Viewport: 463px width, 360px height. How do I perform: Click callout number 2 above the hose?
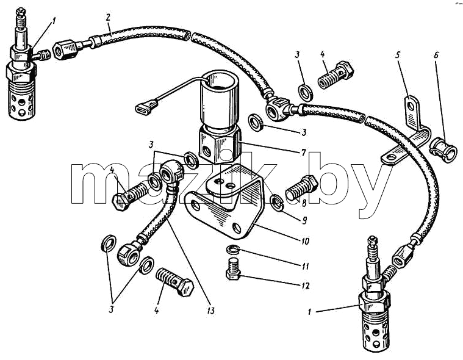(x=108, y=17)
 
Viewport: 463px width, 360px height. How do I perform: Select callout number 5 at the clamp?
(x=398, y=56)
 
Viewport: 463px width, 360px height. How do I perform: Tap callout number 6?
(x=436, y=56)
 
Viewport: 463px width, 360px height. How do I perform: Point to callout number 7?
(x=303, y=153)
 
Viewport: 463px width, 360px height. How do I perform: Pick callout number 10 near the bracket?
(x=305, y=241)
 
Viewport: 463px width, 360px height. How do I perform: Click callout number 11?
(x=305, y=266)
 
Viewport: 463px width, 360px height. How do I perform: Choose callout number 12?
(x=306, y=286)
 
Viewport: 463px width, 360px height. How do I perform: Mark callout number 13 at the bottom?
(x=211, y=311)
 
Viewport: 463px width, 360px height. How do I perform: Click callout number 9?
(x=304, y=220)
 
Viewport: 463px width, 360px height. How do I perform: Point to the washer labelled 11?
(x=233, y=250)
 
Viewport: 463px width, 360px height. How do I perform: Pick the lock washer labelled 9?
(x=277, y=203)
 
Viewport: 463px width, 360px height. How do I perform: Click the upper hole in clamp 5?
(x=410, y=106)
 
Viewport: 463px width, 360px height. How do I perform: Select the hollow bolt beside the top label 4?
(x=336, y=74)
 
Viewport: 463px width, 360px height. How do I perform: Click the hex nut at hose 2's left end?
(x=64, y=49)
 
